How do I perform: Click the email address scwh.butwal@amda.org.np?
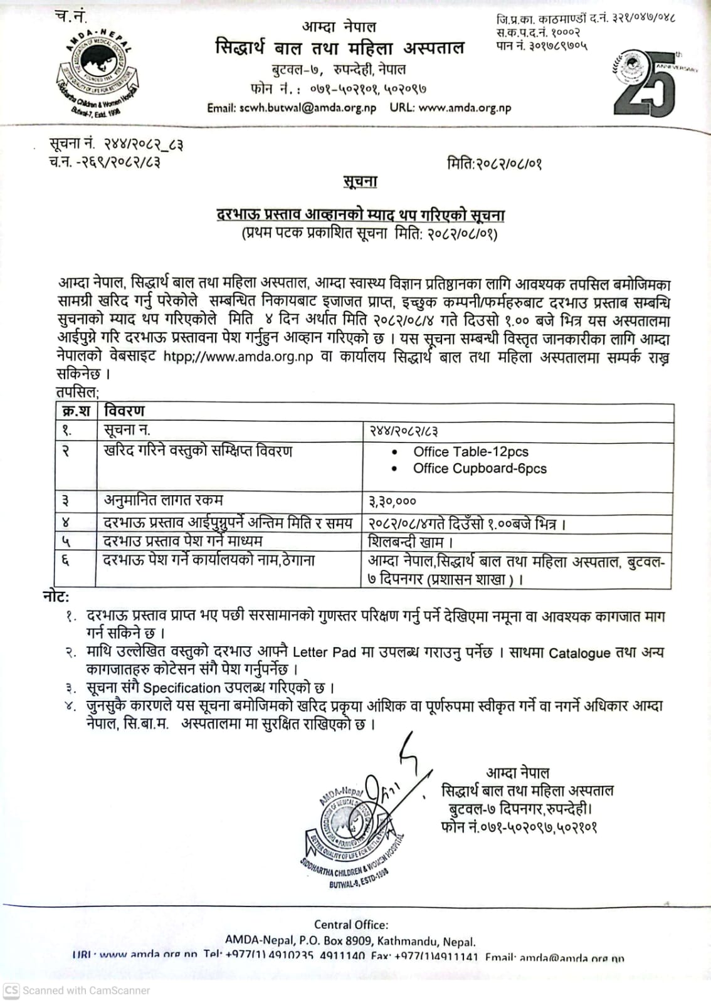(292, 107)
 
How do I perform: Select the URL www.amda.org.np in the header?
(465, 107)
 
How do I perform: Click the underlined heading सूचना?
(360, 182)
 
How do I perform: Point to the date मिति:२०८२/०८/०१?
(494, 164)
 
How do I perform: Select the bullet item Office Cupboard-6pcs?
(480, 468)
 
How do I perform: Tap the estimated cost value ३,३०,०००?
(392, 501)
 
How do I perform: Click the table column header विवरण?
(124, 411)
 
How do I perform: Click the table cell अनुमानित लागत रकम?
(163, 501)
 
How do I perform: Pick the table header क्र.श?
(76, 411)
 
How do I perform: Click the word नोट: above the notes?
(56, 597)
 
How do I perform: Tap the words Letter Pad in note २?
(324, 652)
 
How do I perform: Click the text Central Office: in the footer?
(351, 924)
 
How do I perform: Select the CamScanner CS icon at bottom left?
(11, 990)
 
